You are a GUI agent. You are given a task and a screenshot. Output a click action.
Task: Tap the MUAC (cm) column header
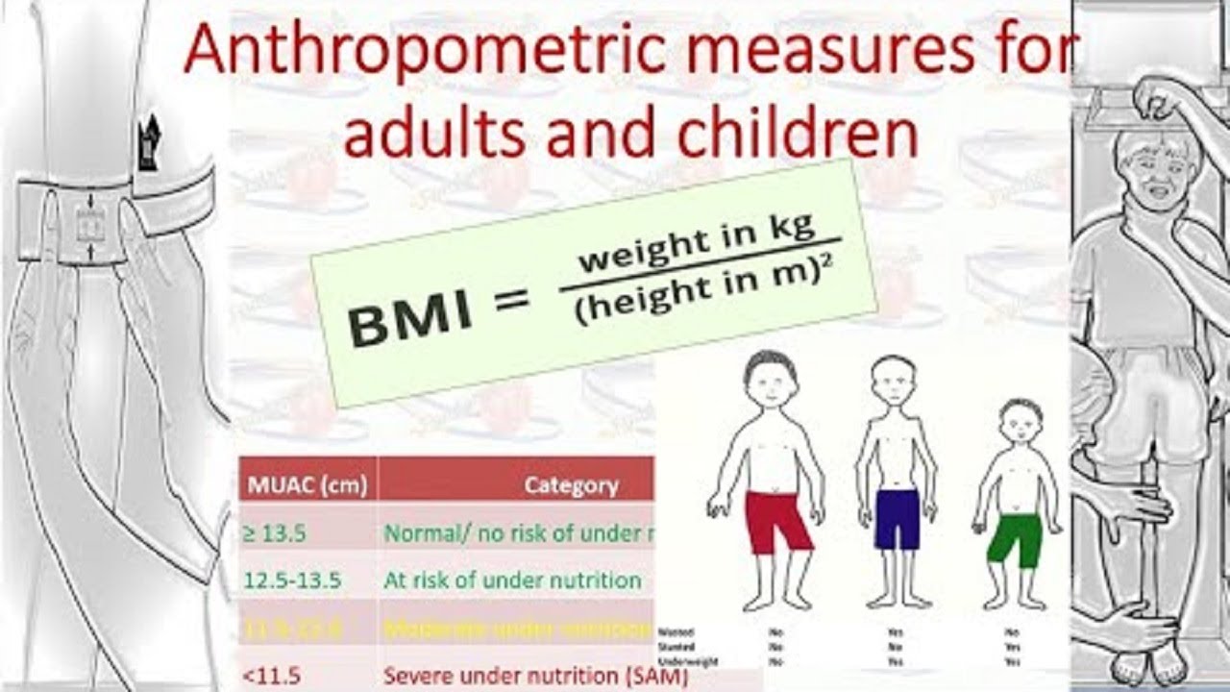pos(307,485)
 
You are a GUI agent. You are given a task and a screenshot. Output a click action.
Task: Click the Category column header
pos(571,485)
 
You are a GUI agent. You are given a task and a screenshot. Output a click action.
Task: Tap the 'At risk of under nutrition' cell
pos(511,581)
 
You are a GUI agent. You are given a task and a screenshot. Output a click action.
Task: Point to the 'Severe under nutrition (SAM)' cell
pos(534,676)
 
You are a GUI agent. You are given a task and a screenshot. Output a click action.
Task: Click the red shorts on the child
pos(779,520)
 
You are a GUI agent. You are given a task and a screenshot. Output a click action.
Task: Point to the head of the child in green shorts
pos(1020,424)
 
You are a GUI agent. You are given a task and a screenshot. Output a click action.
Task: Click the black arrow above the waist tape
pos(150,144)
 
